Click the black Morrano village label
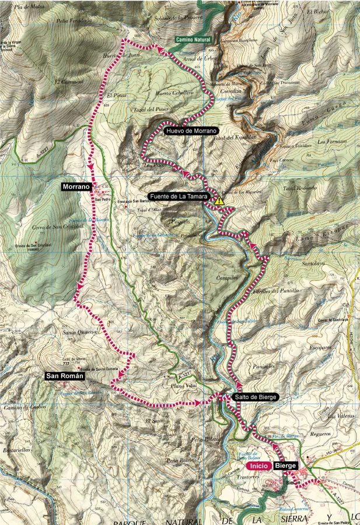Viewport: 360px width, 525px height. tap(76, 187)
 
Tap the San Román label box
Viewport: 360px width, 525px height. tap(65, 376)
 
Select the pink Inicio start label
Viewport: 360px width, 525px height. tap(258, 466)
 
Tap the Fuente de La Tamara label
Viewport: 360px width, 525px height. tap(179, 197)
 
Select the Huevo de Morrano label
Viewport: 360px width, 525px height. tap(191, 131)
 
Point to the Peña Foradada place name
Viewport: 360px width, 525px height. tap(74, 20)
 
